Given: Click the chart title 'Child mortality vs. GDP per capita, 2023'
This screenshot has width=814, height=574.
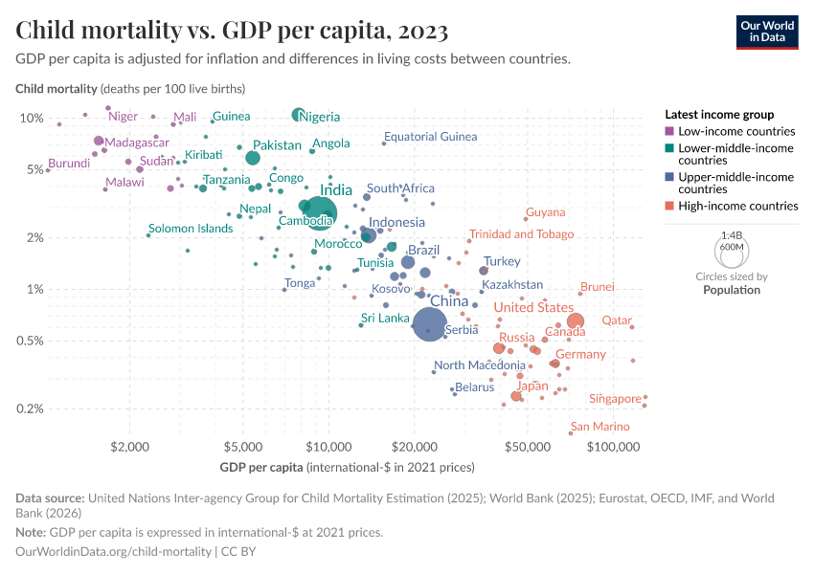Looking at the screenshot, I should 233,31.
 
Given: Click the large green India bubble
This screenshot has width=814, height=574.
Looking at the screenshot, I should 320,212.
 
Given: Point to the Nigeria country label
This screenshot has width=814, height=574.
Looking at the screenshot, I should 320,117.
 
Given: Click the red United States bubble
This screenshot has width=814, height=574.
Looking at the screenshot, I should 576,321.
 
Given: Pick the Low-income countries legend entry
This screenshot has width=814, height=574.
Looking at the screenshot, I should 730,131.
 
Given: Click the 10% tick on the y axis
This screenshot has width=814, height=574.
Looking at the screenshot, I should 32,118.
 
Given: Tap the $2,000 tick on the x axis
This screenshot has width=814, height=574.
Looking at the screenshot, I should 127,446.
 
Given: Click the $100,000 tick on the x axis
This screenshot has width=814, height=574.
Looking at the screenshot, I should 612,446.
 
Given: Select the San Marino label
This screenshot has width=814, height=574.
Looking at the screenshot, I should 599,427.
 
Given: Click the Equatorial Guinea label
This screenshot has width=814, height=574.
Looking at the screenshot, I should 430,137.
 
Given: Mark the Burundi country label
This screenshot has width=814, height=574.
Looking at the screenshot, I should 69,164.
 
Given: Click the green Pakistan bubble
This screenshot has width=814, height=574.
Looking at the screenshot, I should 253,158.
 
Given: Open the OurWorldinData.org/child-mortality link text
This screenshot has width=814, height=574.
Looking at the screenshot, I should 114,552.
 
